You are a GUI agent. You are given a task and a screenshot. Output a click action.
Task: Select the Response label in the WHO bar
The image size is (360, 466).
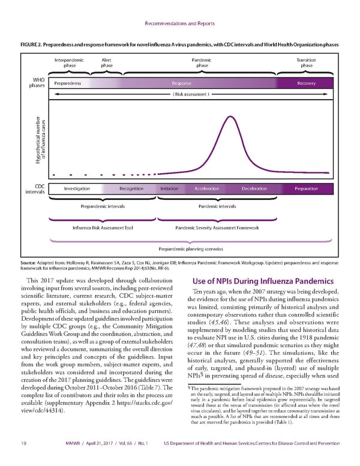point(181,83)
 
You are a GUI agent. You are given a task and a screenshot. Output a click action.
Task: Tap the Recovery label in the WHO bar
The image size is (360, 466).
point(306,83)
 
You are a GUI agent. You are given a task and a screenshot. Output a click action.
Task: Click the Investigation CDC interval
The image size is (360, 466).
point(77,189)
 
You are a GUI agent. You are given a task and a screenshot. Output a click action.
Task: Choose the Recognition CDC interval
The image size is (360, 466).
point(131,189)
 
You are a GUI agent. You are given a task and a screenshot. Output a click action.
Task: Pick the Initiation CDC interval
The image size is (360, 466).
point(169,189)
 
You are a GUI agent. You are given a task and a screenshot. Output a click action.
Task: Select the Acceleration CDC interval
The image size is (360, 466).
point(206,189)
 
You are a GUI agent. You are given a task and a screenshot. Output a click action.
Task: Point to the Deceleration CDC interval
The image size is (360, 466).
point(254,189)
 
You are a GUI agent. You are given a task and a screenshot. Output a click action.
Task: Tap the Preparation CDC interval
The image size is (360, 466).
point(306,189)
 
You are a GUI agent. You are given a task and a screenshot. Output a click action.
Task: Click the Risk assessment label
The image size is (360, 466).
point(191,94)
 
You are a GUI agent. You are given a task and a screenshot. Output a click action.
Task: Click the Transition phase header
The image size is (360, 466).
point(306,63)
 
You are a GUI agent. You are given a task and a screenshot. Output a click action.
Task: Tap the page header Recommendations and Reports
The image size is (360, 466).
point(179,25)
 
